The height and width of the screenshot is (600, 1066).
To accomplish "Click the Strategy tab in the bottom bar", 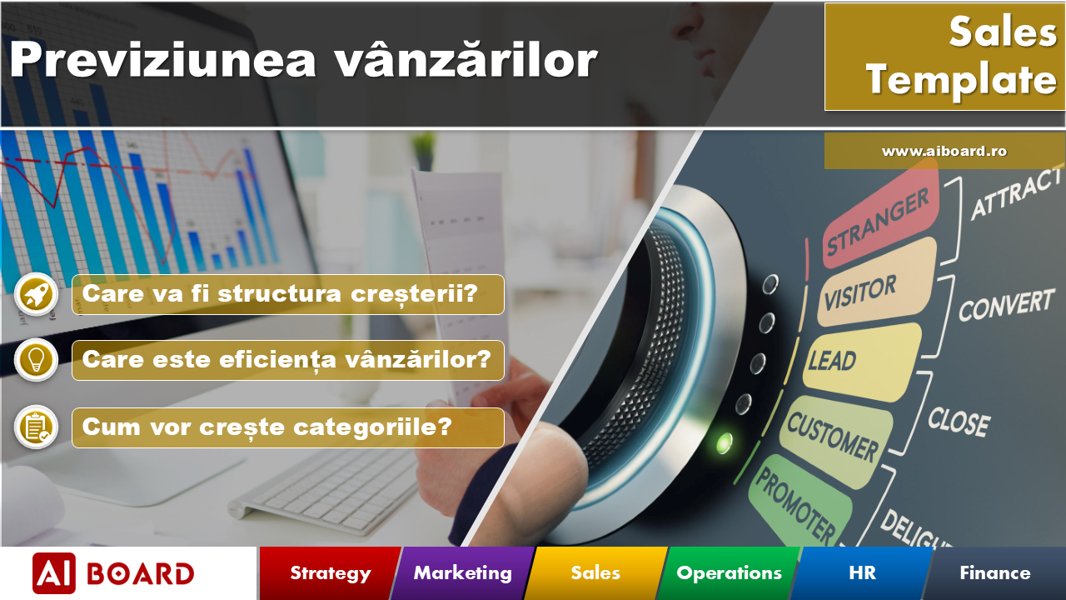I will (330, 573).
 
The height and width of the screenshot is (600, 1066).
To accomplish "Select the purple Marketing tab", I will (462, 573).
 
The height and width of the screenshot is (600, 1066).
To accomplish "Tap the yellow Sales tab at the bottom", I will (595, 573).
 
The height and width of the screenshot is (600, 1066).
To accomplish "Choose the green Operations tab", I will (729, 573).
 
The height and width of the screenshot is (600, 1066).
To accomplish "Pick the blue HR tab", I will (862, 573).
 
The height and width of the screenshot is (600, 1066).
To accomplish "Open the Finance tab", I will (994, 573).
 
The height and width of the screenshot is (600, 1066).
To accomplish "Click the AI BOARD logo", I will (113, 573).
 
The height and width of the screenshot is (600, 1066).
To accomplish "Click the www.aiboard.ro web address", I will (944, 152).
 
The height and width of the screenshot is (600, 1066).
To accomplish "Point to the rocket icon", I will (37, 294).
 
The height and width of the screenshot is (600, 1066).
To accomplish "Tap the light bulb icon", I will (37, 360).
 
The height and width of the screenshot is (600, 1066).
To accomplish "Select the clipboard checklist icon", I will (37, 427).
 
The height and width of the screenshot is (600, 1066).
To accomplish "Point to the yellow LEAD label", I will (833, 360).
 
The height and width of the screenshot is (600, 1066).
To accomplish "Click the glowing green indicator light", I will (724, 442).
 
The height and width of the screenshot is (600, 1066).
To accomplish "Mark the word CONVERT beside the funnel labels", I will (1006, 306).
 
